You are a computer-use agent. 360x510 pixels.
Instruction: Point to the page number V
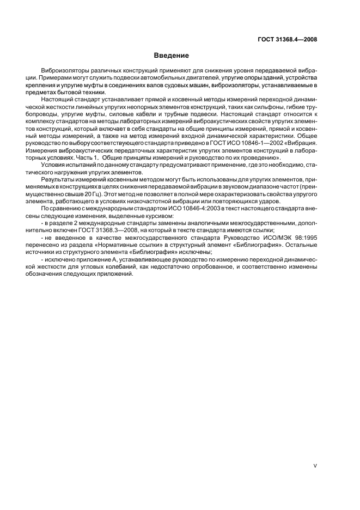pyautogui.click(x=316, y=466)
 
